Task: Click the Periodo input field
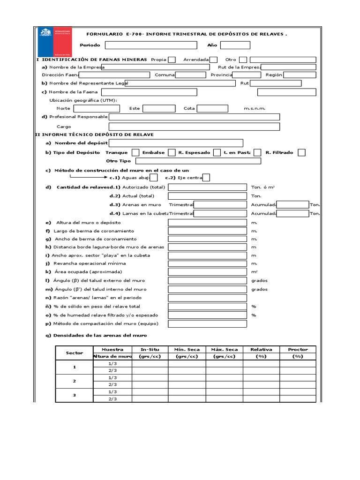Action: pyautogui.click(x=151, y=45)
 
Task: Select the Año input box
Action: pyautogui.click(x=235, y=45)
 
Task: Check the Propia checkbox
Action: pyautogui.click(x=172, y=60)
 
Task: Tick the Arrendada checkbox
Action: pyautogui.click(x=213, y=60)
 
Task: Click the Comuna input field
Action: pyautogui.click(x=190, y=75)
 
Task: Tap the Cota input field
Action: pyautogui.click(x=212, y=108)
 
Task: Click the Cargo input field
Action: pyautogui.click(x=194, y=127)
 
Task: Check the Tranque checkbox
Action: pyautogui.click(x=135, y=152)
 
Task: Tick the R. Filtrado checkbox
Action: pyautogui.click(x=301, y=152)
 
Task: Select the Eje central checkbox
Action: pyautogui.click(x=206, y=178)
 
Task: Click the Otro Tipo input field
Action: pyautogui.click(x=197, y=161)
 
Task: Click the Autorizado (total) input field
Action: pyautogui.click(x=207, y=187)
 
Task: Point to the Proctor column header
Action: pyautogui.click(x=298, y=349)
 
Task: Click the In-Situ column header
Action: pyautogui.click(x=150, y=349)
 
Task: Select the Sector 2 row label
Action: pyautogui.click(x=74, y=381)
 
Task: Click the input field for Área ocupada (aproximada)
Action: pyautogui.click(x=207, y=272)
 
